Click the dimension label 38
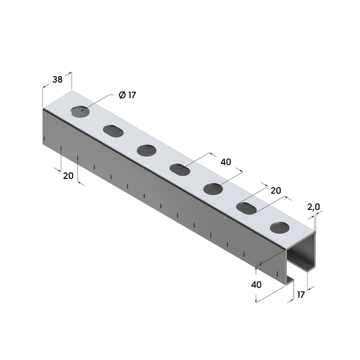[x=58, y=79]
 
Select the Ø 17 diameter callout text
[x=127, y=95]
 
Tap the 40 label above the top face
[x=225, y=162]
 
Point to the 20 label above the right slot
[x=276, y=191]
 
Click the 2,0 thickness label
[x=313, y=207]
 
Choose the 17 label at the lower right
[x=301, y=295]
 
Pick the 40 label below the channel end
[x=256, y=285]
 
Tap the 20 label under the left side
[x=68, y=176]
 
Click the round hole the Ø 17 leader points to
[x=80, y=112]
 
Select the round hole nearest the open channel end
[x=280, y=228]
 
